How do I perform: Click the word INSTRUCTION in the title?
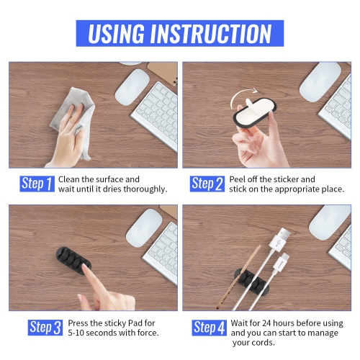tap(215, 33)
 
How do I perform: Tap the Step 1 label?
tap(37, 184)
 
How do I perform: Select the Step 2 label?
tap(207, 184)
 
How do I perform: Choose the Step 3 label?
tap(45, 328)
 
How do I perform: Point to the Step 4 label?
tap(210, 328)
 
